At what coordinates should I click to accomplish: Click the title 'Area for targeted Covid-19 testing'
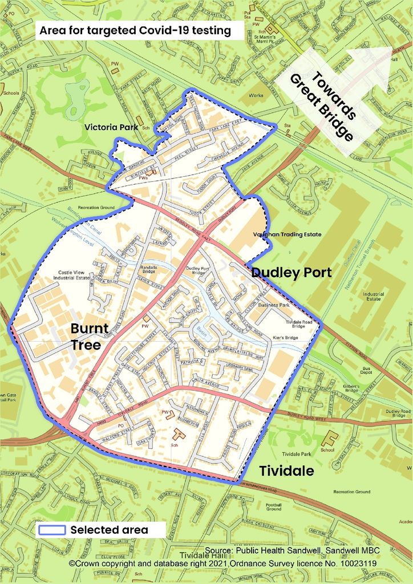tap(135, 31)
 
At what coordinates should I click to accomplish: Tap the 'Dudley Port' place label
tap(291, 273)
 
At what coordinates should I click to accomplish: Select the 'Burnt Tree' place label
tap(86, 336)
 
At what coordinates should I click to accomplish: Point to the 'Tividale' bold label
tap(286, 471)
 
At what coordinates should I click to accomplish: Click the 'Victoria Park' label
tap(111, 127)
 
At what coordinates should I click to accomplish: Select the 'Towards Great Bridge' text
tap(322, 106)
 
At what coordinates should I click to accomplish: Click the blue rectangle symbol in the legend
tap(52, 530)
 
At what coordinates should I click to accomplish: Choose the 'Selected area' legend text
tap(109, 530)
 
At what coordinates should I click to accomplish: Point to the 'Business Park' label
tap(274, 305)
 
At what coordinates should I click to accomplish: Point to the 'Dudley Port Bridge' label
tap(197, 270)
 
